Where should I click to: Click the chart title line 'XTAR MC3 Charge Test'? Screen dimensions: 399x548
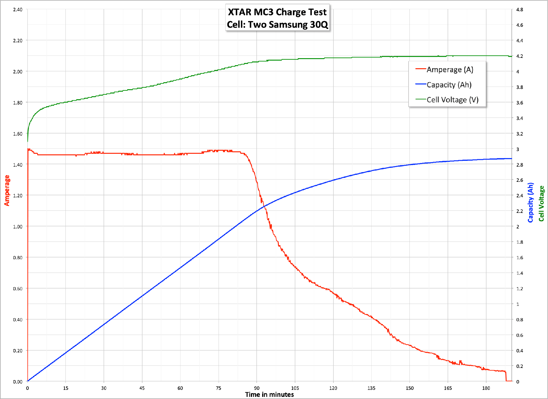coord(277,12)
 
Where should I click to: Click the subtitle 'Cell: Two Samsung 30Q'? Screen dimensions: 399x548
coord(277,24)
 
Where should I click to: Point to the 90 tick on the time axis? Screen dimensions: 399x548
coord(257,388)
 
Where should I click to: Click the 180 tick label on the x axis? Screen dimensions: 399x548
coord(486,388)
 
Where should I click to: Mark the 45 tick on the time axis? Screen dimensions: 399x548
coord(142,388)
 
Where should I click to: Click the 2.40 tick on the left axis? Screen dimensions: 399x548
coord(18,9)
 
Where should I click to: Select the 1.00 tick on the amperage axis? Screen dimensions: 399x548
coord(18,227)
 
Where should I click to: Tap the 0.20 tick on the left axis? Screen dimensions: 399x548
coord(18,351)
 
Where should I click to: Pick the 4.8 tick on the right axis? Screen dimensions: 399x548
coord(520,9)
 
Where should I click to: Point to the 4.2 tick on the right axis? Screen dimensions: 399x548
coord(520,56)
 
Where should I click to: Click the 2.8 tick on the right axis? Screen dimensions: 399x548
coord(520,165)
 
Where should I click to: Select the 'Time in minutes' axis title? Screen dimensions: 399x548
coord(269,395)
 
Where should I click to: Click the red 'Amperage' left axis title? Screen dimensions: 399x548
coord(7,190)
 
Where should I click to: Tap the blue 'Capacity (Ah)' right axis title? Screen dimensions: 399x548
coord(531,203)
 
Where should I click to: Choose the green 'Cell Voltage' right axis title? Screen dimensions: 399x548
coord(541,203)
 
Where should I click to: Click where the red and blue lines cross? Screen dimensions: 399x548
coord(264,207)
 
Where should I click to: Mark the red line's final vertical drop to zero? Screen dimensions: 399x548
coord(506,376)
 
